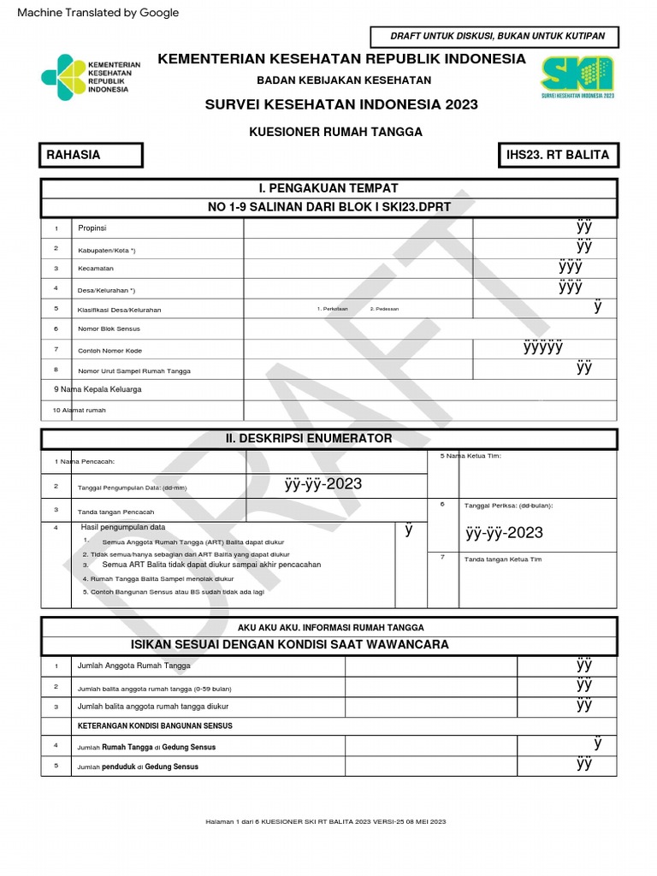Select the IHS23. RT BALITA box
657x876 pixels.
coord(562,155)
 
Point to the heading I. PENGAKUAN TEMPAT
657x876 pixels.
coord(329,188)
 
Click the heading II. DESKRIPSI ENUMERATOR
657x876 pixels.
coord(309,439)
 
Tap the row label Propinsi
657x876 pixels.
coord(92,228)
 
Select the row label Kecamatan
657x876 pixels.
coord(96,269)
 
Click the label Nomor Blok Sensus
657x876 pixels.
coord(109,328)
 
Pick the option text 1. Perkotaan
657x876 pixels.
coord(333,309)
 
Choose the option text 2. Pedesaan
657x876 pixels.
coord(384,309)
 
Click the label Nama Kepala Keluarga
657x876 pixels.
coord(98,389)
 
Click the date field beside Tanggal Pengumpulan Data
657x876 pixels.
coord(323,485)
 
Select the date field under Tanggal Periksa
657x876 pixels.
coord(504,534)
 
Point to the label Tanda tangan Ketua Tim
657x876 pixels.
coord(502,559)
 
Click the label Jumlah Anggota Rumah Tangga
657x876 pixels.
coord(133,666)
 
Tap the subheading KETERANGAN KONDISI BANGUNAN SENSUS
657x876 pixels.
coord(155,726)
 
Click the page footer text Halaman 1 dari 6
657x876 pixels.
coord(326,822)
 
